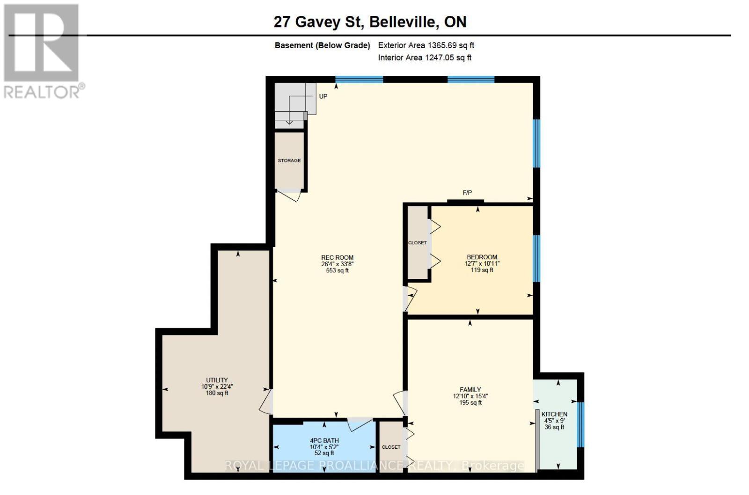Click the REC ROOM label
point(337,257)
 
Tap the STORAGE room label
point(289,160)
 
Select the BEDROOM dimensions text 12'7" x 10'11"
point(482,263)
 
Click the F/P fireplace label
point(467,193)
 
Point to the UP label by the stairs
point(323,96)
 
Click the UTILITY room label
point(217,380)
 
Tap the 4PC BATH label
point(324,440)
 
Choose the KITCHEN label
point(554,414)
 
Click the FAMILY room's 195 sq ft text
point(470,402)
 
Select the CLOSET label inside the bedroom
point(417,243)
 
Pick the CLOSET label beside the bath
point(391,447)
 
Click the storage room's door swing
point(289,196)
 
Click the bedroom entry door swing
point(410,298)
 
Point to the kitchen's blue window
point(580,424)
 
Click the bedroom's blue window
point(536,258)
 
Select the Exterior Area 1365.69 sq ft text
point(426,45)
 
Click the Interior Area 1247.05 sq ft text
point(425,58)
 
